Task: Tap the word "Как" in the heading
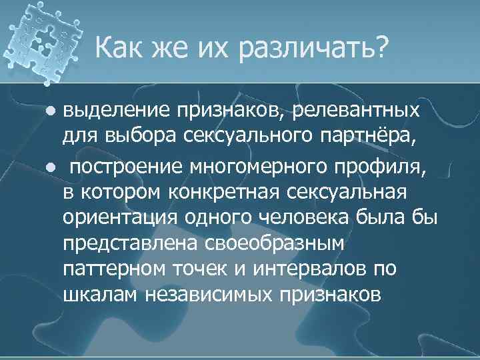(x=120, y=48)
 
